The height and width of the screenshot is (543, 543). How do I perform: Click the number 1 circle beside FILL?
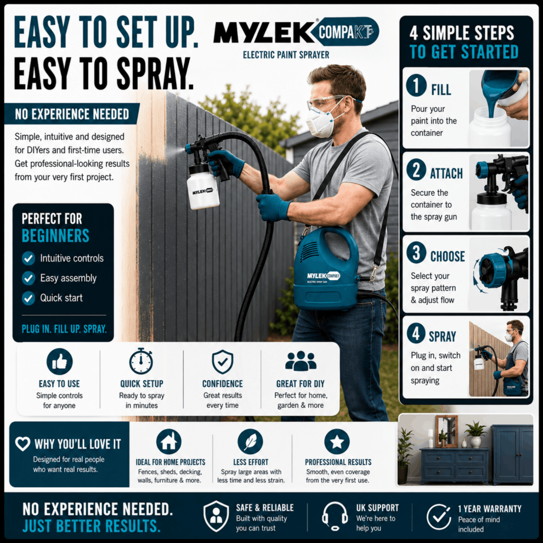pyautogui.click(x=416, y=85)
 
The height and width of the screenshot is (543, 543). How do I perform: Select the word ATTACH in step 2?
pyautogui.click(x=446, y=173)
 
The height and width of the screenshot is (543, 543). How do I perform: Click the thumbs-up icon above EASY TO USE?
pyautogui.click(x=60, y=361)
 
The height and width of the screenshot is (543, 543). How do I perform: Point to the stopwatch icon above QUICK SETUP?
pyautogui.click(x=141, y=361)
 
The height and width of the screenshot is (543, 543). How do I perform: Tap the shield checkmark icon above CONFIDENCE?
pyautogui.click(x=222, y=361)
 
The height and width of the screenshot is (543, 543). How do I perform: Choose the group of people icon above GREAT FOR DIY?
pyautogui.click(x=301, y=361)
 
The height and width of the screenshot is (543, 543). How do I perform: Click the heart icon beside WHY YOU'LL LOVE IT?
pyautogui.click(x=23, y=444)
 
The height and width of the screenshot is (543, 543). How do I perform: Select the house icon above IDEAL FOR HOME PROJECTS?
pyautogui.click(x=168, y=442)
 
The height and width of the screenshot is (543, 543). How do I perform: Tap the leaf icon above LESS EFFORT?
pyautogui.click(x=250, y=442)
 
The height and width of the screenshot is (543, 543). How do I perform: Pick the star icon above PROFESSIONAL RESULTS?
pyautogui.click(x=337, y=442)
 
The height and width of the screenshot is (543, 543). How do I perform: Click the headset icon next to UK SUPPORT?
pyautogui.click(x=335, y=516)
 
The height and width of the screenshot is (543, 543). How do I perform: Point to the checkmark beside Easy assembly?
pyautogui.click(x=29, y=278)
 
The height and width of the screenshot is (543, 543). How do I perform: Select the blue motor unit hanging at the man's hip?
pyautogui.click(x=325, y=269)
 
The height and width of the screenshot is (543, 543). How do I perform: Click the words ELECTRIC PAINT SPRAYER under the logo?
pyautogui.click(x=286, y=55)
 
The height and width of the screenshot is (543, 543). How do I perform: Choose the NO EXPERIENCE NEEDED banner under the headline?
pyautogui.click(x=72, y=114)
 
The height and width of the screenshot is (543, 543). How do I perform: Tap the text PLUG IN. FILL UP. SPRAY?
pyautogui.click(x=64, y=329)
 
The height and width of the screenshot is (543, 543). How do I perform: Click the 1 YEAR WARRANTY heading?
pyautogui.click(x=490, y=508)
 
